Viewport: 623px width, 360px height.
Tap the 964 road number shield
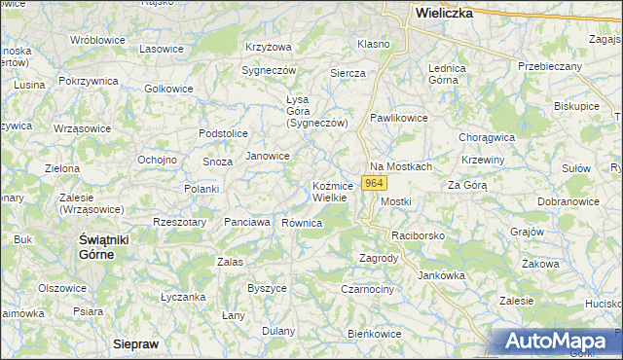[x=374, y=183]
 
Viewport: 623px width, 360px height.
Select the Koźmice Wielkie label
[x=339, y=192]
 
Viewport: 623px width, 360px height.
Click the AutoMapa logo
[x=558, y=342]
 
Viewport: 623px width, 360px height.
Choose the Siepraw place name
[x=135, y=344]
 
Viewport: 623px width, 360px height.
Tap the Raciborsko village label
[x=418, y=236]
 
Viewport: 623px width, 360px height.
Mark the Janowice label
[x=268, y=156]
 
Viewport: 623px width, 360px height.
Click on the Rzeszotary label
[x=179, y=222]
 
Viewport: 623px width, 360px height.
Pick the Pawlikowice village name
[x=399, y=117]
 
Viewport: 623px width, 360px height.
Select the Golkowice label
[x=168, y=89]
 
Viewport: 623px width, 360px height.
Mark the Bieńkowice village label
[x=375, y=334]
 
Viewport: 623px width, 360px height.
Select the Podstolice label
[x=223, y=132]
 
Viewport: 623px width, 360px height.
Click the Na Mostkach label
[x=400, y=167]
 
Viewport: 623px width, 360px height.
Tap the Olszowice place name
[x=63, y=288]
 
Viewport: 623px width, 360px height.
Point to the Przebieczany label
[x=550, y=66]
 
